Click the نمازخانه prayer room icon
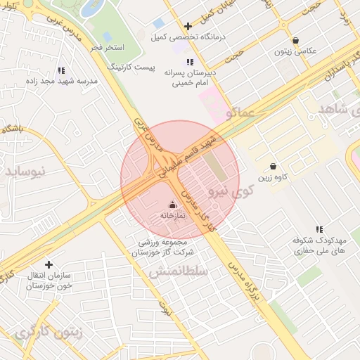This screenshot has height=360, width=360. coord(173,205)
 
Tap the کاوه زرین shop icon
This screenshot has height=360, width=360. coord(274,167)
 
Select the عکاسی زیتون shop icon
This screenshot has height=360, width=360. coord(295,40)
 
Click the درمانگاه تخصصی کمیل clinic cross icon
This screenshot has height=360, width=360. coord(188,26)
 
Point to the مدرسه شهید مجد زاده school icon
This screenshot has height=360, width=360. coord(61,70)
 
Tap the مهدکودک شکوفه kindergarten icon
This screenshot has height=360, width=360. coord(319,229)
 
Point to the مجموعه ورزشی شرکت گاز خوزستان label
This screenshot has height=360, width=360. coord(167,246)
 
